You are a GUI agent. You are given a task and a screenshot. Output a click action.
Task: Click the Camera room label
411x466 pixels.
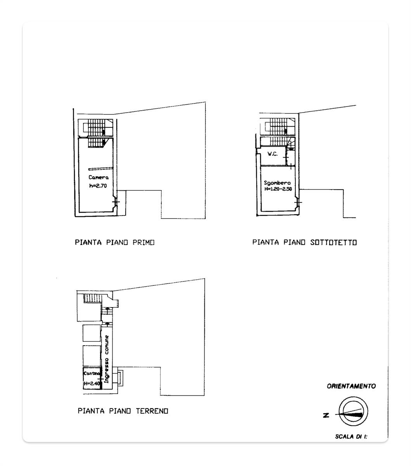click(98, 177)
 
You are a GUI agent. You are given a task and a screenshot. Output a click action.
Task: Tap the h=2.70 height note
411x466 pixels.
click(98, 186)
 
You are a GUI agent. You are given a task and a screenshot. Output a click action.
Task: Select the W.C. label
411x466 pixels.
click(273, 154)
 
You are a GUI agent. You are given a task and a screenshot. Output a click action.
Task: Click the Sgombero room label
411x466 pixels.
click(277, 183)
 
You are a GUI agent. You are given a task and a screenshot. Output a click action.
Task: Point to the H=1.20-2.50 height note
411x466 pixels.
click(278, 189)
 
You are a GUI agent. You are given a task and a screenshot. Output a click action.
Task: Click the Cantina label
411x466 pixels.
click(92, 374)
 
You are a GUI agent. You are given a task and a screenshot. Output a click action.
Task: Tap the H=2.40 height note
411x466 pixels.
click(92, 383)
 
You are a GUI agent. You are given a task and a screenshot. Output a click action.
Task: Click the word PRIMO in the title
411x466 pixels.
click(143, 242)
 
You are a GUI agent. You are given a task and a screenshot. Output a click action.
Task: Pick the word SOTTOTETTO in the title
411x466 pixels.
click(333, 242)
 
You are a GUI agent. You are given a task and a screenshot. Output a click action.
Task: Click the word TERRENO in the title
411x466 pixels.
click(152, 411)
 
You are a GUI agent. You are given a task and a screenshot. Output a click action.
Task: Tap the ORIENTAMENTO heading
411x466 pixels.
click(351, 386)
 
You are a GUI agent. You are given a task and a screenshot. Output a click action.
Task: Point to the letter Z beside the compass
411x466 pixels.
click(326, 416)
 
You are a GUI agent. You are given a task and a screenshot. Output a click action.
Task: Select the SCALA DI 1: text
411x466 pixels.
click(351, 436)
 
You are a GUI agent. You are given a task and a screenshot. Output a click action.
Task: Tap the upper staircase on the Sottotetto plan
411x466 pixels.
click(279, 127)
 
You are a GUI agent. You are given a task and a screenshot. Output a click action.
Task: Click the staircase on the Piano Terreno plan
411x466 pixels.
click(93, 298)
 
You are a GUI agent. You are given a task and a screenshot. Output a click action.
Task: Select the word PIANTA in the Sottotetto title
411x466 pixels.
click(266, 242)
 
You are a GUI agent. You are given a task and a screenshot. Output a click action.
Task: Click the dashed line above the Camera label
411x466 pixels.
click(101, 169)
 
